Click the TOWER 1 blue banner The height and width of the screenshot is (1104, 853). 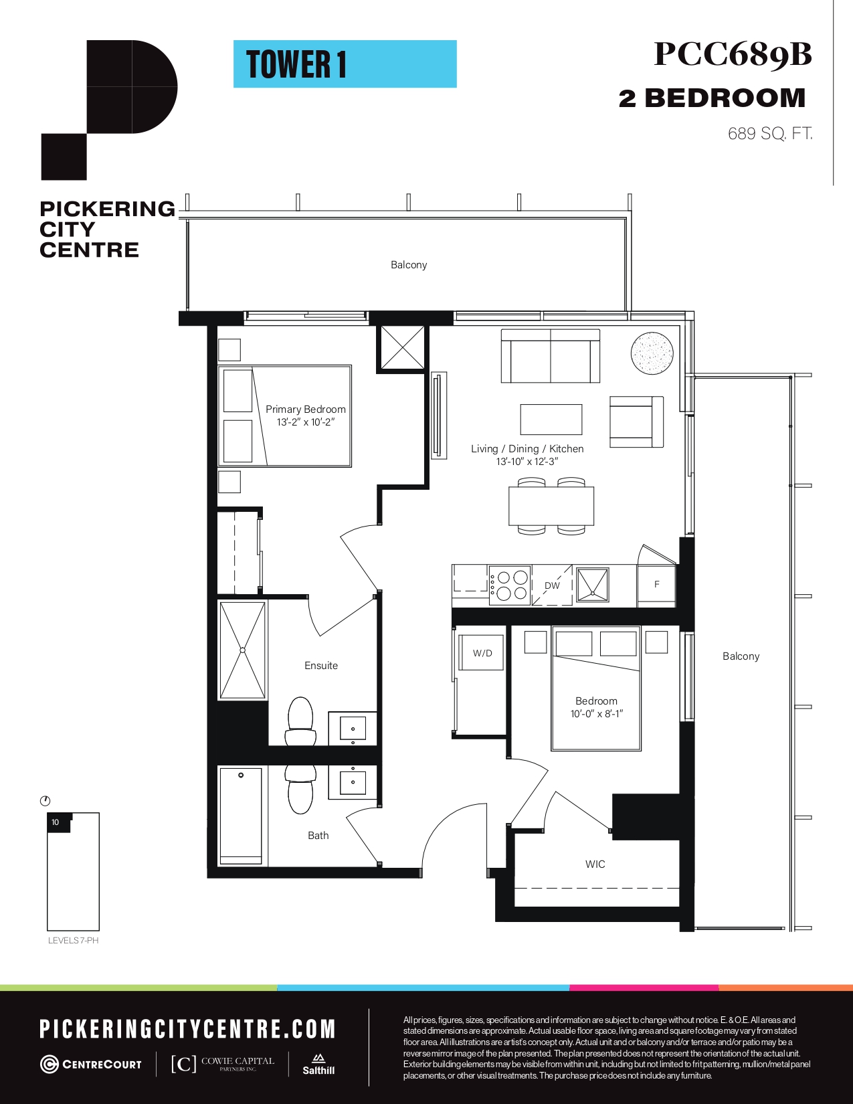[345, 64]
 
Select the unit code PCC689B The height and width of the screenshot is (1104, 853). [733, 54]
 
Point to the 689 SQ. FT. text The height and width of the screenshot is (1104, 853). [770, 134]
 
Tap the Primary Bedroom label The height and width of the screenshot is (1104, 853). [305, 409]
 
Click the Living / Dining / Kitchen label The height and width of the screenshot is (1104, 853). [527, 448]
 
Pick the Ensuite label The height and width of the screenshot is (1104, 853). [320, 666]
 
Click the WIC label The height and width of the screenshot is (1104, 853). [595, 864]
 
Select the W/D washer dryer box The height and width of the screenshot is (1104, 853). [482, 653]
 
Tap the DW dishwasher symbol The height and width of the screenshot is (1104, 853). [552, 585]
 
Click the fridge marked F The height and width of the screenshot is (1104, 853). [656, 585]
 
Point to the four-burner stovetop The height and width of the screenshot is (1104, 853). [510, 585]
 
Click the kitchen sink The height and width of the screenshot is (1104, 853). [592, 585]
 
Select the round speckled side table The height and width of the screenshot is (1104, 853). [652, 353]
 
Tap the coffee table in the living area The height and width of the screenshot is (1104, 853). [551, 419]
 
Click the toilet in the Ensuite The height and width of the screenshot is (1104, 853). [300, 721]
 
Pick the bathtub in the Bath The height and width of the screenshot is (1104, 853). [240, 816]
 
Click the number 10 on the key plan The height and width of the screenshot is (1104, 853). [56, 822]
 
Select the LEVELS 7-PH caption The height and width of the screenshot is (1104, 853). [73, 940]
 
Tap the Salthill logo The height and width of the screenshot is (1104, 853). [318, 1064]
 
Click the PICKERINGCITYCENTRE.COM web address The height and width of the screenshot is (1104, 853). [187, 1029]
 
